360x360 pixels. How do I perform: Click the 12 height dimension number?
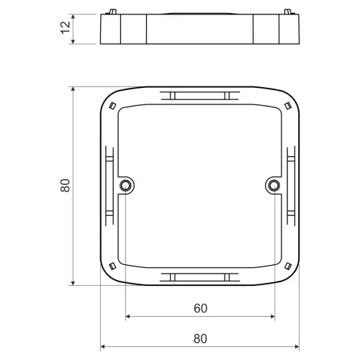(66, 27)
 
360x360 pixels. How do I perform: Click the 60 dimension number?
(200, 308)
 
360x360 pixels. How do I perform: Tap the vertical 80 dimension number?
(65, 185)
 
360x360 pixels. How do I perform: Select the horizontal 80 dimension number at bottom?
(200, 338)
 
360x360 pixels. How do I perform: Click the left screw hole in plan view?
(125, 185)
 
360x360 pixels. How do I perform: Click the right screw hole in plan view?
(274, 185)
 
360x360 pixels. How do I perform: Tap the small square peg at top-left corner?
(112, 106)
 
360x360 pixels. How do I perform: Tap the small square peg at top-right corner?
(287, 106)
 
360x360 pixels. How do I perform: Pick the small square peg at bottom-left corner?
(112, 266)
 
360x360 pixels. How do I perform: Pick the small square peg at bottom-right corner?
(288, 266)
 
